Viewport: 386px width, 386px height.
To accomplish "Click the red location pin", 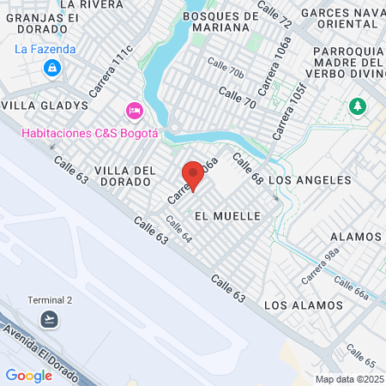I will (193, 176).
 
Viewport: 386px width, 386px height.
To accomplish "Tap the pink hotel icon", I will (134, 110).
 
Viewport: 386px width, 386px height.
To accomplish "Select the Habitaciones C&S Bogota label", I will (90, 132).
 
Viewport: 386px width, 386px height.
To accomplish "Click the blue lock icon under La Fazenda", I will (53, 67).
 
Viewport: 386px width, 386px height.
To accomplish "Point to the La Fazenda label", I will (45, 49).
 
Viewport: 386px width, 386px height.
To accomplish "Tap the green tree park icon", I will (357, 106).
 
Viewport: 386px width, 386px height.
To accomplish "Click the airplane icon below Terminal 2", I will (51, 319).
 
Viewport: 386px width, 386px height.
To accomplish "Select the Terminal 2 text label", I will (50, 299).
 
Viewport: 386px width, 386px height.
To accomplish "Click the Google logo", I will (29, 375).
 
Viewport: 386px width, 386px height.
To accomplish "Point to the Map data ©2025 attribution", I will (348, 379).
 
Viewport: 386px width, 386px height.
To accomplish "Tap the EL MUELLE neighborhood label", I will (227, 215).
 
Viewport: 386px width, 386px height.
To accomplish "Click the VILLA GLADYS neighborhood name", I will (45, 105).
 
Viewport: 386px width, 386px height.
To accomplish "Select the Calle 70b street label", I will (226, 71).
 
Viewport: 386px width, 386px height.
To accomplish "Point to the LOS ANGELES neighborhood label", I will (310, 180).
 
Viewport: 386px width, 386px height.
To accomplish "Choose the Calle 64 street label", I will (178, 227).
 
